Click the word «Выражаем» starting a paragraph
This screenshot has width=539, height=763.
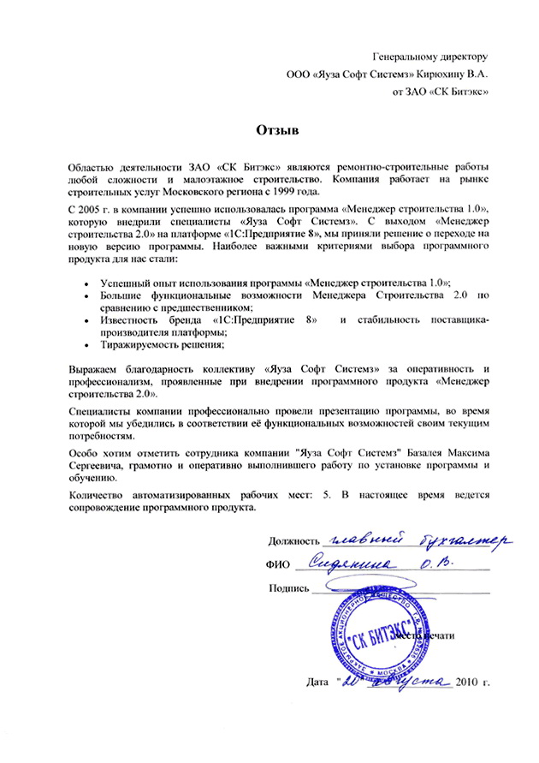click(x=93, y=369)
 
